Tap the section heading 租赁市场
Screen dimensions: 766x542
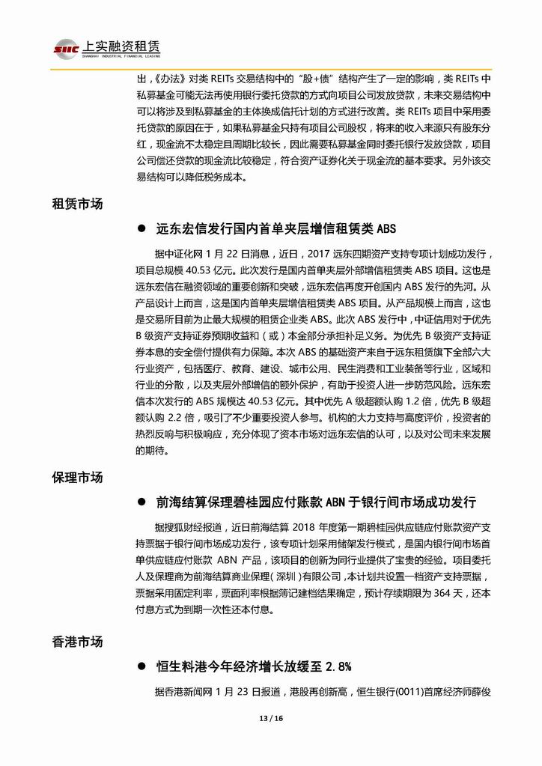[77, 204]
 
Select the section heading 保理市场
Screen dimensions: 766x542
[77, 477]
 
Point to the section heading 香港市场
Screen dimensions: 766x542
[77, 641]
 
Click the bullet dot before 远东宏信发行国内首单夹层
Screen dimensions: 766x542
[141, 228]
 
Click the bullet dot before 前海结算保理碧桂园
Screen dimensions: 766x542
[141, 502]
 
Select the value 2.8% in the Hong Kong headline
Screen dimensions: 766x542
[333, 665]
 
